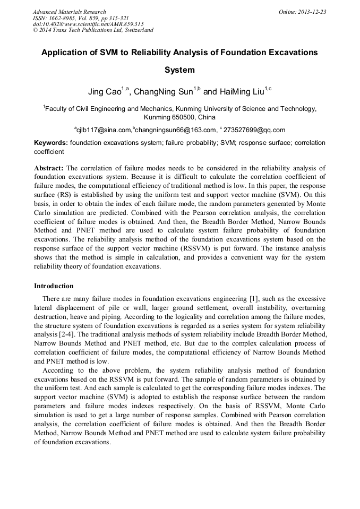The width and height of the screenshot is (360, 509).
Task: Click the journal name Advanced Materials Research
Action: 69,12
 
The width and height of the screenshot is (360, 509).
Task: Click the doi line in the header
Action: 88,24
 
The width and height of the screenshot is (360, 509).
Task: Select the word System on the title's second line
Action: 179,70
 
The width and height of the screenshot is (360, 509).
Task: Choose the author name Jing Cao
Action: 104,92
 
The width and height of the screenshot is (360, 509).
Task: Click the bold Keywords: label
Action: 50,143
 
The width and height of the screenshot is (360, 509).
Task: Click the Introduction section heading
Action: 54,286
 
